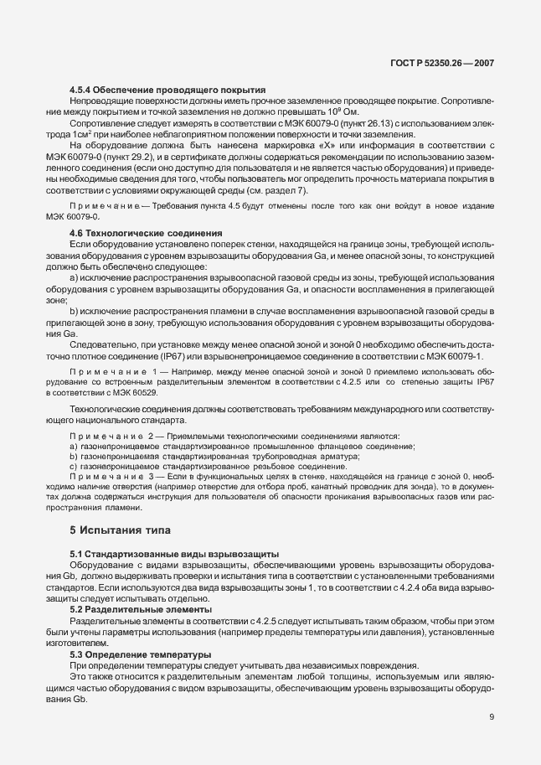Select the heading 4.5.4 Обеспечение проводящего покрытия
coord(167,90)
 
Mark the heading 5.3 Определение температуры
coord(141,654)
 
